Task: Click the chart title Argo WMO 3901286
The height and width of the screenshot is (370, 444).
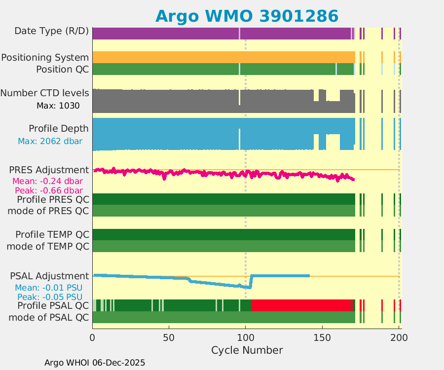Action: [x=247, y=16]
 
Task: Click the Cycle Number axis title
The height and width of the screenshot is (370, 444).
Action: [x=247, y=350]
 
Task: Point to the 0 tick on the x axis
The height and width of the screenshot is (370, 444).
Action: [x=92, y=338]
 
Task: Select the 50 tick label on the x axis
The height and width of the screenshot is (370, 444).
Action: [x=169, y=338]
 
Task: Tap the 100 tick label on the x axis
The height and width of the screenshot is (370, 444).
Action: [x=246, y=338]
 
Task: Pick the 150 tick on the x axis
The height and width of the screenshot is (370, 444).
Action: [x=322, y=338]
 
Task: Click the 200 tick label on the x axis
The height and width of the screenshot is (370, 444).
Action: [x=399, y=338]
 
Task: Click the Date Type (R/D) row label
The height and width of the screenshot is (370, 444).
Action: [x=52, y=31]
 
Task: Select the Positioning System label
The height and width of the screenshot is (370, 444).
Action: [x=45, y=57]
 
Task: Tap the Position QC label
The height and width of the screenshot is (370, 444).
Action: [x=62, y=69]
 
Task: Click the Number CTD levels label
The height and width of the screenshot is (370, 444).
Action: [x=45, y=93]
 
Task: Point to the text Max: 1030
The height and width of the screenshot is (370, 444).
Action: [x=58, y=105]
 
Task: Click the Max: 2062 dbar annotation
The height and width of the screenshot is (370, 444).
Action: [x=50, y=141]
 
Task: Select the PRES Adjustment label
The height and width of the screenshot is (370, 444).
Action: [x=49, y=170]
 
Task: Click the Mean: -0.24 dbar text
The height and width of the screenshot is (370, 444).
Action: [x=47, y=181]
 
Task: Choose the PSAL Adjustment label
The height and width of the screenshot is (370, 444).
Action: [x=49, y=276]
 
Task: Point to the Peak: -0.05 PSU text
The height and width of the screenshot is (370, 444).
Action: [x=50, y=297]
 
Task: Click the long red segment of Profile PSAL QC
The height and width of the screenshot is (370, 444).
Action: [x=301, y=305]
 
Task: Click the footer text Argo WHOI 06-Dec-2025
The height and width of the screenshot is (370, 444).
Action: [x=95, y=363]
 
